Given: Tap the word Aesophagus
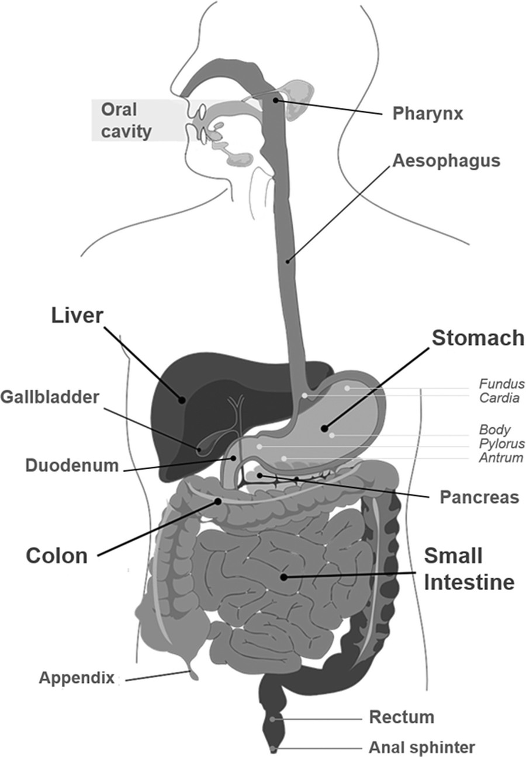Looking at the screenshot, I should (x=446, y=161).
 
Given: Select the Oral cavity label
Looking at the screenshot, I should (x=126, y=120).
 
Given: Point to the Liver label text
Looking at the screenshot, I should (x=77, y=316).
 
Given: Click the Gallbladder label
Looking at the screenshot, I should (x=50, y=397).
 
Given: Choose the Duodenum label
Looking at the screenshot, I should (x=72, y=466).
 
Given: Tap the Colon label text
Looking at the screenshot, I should (x=57, y=555).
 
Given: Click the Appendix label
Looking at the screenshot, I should (x=77, y=678).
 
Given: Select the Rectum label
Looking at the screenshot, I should (x=402, y=717).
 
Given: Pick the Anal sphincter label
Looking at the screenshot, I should (x=421, y=746).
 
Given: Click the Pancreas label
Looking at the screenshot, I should (x=479, y=497).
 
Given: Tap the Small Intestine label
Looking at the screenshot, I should (x=469, y=569).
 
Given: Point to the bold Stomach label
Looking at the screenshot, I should (x=477, y=337).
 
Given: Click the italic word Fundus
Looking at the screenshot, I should (x=501, y=384).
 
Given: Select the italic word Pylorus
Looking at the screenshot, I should (x=501, y=444).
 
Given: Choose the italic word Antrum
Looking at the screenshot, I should (x=501, y=458).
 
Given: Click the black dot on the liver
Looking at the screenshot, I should (x=182, y=400).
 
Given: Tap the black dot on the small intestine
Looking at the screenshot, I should (x=283, y=577).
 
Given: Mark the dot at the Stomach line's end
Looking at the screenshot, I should (x=324, y=428).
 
